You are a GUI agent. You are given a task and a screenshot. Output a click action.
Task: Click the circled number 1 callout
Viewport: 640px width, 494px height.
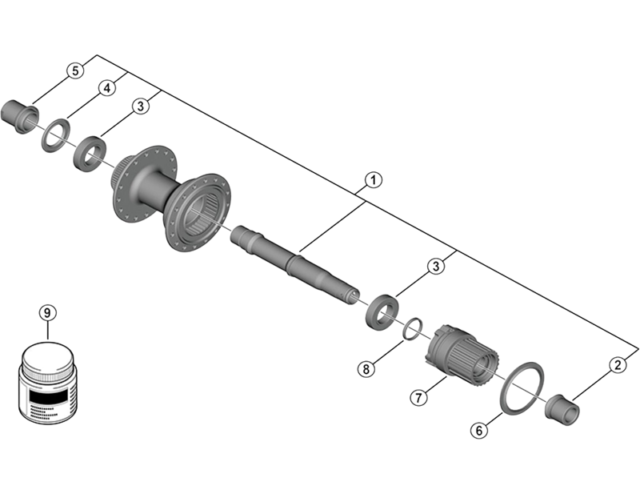371,181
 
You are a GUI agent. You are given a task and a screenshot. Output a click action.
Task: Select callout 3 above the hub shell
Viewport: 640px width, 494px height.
142,106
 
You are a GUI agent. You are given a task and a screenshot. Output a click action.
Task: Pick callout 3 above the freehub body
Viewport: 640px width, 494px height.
435,266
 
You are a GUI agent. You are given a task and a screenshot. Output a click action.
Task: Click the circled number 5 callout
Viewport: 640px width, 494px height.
74,70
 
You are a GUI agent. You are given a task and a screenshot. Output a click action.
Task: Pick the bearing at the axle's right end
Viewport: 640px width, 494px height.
382,311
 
